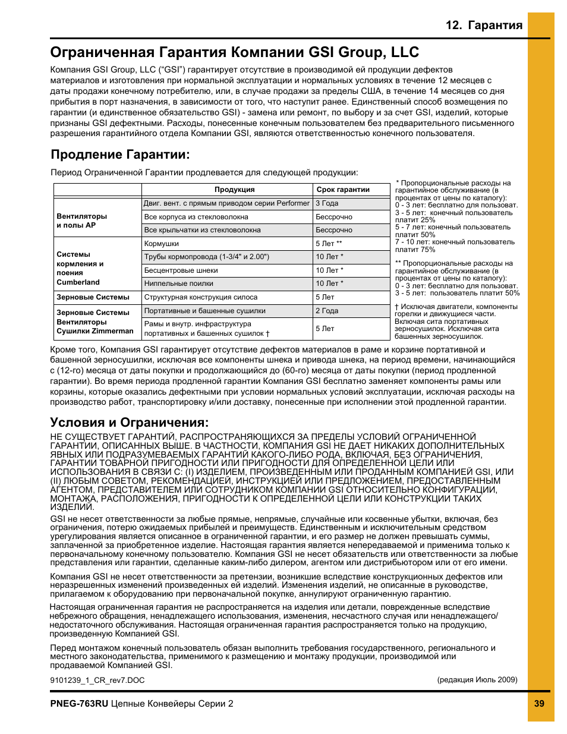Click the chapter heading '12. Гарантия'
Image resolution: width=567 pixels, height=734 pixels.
click(x=484, y=25)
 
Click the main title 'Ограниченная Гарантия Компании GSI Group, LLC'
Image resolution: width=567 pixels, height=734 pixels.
click(x=235, y=52)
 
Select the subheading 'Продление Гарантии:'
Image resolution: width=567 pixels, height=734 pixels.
click(x=120, y=155)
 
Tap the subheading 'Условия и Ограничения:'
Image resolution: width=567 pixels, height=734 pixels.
click(x=130, y=423)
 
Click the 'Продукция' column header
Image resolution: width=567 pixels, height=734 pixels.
click(x=234, y=190)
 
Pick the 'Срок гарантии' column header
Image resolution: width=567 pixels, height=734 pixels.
click(x=343, y=190)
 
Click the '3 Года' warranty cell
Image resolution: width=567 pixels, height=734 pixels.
click(x=327, y=203)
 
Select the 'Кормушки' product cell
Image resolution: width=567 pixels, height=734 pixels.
click(x=162, y=244)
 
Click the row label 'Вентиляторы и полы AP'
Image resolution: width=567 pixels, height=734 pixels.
click(x=82, y=221)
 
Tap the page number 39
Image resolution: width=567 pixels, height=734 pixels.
click(x=539, y=704)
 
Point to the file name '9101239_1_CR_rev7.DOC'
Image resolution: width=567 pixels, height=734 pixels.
click(x=97, y=680)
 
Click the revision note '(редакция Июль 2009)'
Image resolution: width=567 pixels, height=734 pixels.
click(x=477, y=680)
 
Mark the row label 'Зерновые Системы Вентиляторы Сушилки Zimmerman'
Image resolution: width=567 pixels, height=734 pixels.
click(x=95, y=322)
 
